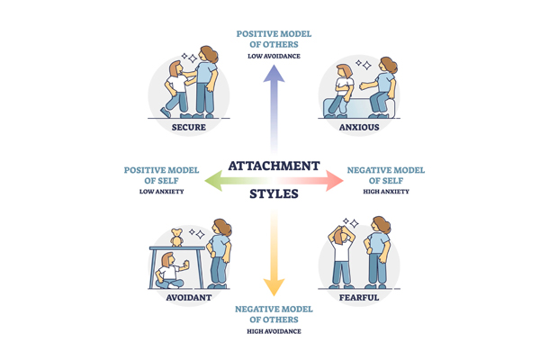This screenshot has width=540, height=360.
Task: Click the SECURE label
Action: [x=189, y=127]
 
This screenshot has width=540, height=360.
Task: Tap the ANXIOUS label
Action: [x=359, y=127]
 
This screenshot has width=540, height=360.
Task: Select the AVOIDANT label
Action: [x=189, y=297]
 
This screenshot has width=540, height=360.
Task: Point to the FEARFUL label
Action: [x=359, y=297]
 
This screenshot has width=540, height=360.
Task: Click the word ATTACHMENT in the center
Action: [x=274, y=166]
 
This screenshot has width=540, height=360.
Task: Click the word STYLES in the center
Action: [x=274, y=193]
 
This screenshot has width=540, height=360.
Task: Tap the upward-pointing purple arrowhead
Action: [x=274, y=74]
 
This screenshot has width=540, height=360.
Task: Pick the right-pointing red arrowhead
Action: [x=336, y=180]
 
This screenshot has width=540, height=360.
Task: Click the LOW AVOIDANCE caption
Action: [x=274, y=56]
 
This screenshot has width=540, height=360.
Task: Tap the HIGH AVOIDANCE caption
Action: [x=274, y=331]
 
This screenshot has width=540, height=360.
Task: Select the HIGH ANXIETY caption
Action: [x=384, y=191]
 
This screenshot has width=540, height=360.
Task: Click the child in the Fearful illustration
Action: [x=343, y=256]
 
